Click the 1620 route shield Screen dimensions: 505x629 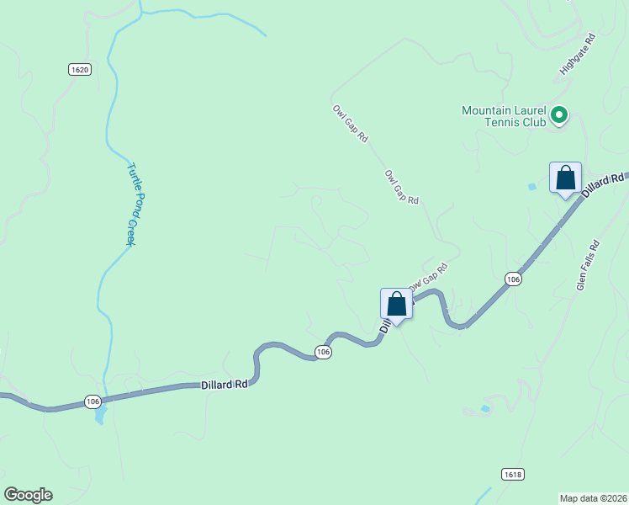79,70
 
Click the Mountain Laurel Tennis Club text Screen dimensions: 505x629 505,116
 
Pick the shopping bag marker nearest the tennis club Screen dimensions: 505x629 566,178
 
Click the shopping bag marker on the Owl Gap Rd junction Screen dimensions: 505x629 396,305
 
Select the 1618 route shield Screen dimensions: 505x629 513,475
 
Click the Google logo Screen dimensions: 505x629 28,495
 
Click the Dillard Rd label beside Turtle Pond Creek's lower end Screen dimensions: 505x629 225,385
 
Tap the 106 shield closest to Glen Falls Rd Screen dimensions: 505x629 514,279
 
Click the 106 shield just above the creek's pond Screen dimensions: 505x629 92,401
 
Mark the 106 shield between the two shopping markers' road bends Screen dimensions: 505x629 324,351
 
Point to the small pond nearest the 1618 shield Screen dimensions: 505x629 484,409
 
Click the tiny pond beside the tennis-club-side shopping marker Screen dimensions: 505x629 532,186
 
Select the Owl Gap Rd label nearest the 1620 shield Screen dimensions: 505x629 350,122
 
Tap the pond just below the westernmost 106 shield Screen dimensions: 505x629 101,416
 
